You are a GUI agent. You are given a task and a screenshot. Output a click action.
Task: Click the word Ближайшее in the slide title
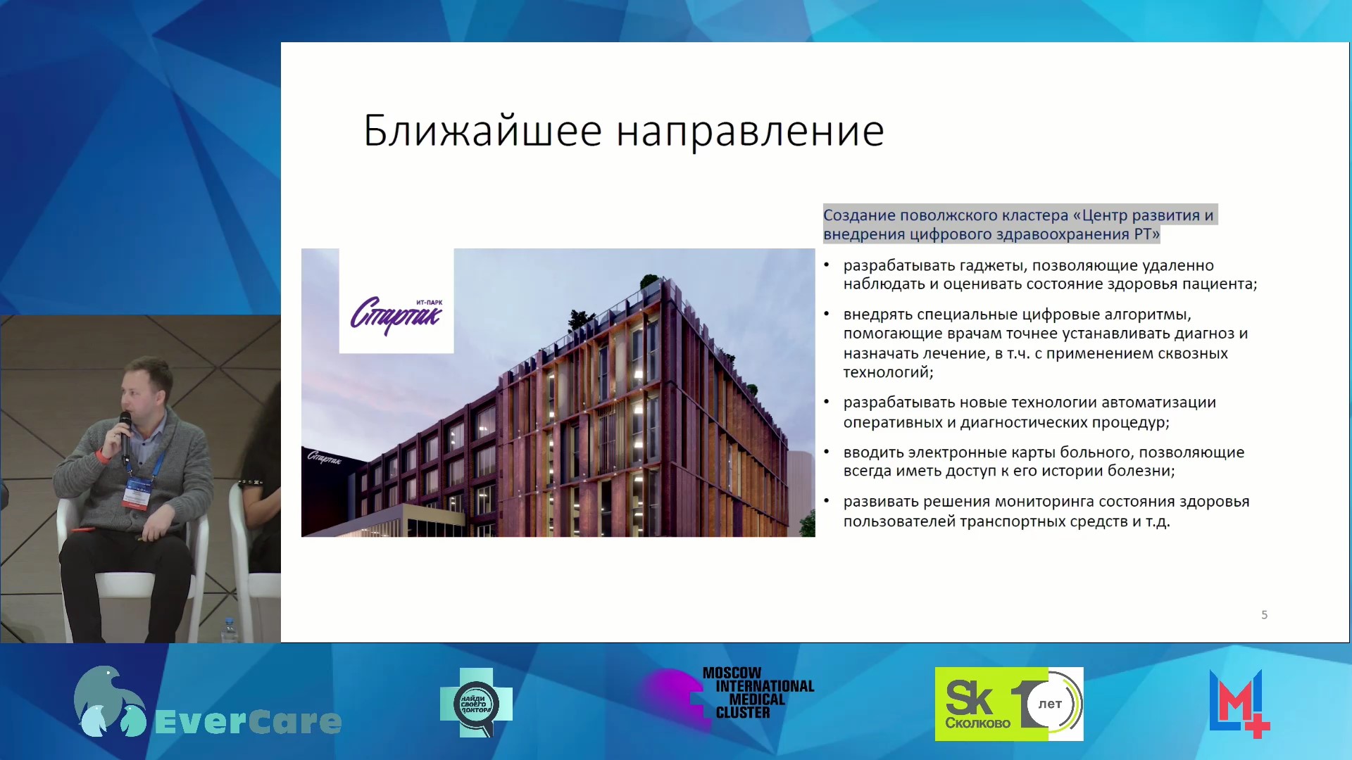(482, 131)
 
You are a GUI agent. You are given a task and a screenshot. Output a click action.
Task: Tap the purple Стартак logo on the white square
(396, 314)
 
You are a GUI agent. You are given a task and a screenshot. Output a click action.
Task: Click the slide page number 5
(1264, 615)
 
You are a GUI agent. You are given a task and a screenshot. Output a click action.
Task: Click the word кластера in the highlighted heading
(1034, 215)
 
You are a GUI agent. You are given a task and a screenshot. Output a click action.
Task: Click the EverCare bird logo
(109, 701)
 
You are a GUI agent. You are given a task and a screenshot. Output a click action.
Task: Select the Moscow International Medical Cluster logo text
(758, 693)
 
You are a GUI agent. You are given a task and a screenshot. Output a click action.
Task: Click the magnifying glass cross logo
(476, 703)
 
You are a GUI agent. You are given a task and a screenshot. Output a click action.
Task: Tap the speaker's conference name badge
(138, 493)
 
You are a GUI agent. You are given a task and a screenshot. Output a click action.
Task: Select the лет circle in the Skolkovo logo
(1050, 704)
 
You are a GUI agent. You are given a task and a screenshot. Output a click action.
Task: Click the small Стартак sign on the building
(324, 457)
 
